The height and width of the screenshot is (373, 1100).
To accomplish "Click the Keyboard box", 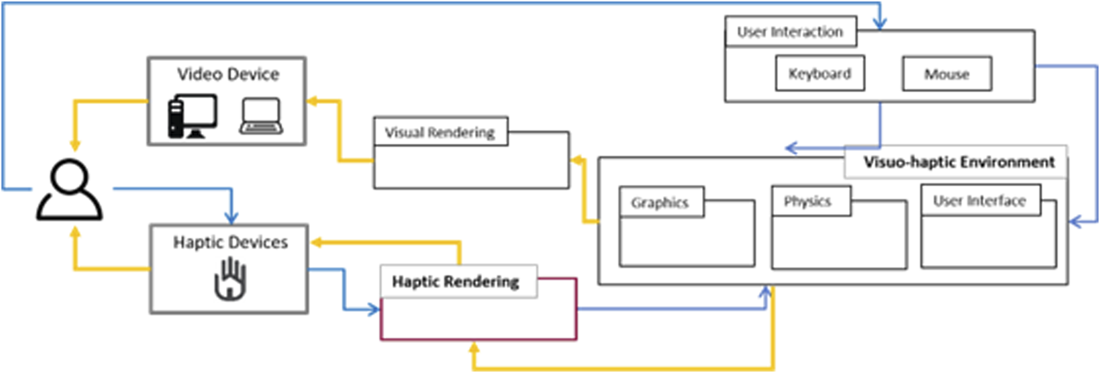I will pyautogui.click(x=819, y=74).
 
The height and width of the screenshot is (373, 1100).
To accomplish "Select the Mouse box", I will pyautogui.click(x=947, y=74).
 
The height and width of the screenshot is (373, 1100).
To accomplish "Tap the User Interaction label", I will pyautogui.click(x=790, y=32).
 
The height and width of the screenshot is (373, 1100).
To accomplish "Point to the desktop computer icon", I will pyautogui.click(x=192, y=116).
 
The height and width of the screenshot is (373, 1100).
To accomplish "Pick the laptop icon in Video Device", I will pyautogui.click(x=261, y=117).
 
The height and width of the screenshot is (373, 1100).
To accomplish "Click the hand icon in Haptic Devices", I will pyautogui.click(x=230, y=279).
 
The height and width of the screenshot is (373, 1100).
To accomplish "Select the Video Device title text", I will pyautogui.click(x=228, y=74).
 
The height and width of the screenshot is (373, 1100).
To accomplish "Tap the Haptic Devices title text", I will pyautogui.click(x=230, y=242).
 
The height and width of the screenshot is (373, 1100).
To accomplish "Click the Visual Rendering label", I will pyautogui.click(x=440, y=132).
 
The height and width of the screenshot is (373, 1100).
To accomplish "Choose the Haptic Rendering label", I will pyautogui.click(x=456, y=282).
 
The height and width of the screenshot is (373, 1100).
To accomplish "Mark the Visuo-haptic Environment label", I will pyautogui.click(x=958, y=163).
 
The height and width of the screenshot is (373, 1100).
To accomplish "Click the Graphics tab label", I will pyautogui.click(x=660, y=202).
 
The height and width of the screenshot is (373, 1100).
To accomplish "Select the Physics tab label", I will pyautogui.click(x=807, y=201).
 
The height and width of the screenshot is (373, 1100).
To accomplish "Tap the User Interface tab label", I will pyautogui.click(x=980, y=200).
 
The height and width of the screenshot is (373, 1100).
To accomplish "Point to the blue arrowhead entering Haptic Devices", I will pyautogui.click(x=232, y=218).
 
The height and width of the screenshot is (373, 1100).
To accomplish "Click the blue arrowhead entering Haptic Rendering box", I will pyautogui.click(x=374, y=308).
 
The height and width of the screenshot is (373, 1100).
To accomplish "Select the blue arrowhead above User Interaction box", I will pyautogui.click(x=880, y=24).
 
